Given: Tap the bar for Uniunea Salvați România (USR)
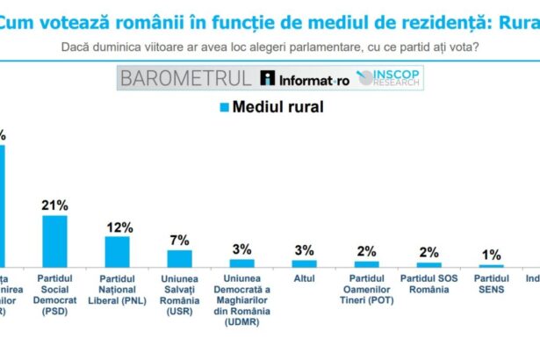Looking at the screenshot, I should [179, 257].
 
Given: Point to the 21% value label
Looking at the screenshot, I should [54, 205].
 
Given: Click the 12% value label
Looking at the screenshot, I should [118, 227].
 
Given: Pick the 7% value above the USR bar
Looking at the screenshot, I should [179, 240].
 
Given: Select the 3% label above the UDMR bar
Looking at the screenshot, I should [241, 249].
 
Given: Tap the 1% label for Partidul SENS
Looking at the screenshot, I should [491, 256].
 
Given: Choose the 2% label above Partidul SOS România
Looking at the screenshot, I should [428, 252].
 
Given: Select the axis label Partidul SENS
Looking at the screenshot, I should [491, 285].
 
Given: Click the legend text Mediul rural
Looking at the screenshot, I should [277, 108].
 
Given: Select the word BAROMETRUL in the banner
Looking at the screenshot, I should [186, 78].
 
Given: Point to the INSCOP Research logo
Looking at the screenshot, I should [389, 78].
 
